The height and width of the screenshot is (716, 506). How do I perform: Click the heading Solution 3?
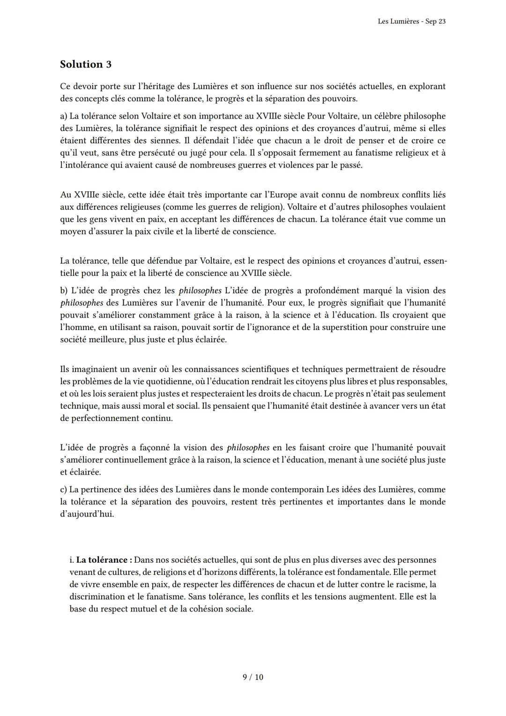coord(86,64)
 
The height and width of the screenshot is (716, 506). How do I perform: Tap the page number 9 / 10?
coord(253,677)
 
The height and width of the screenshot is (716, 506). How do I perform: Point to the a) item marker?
coord(64,116)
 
